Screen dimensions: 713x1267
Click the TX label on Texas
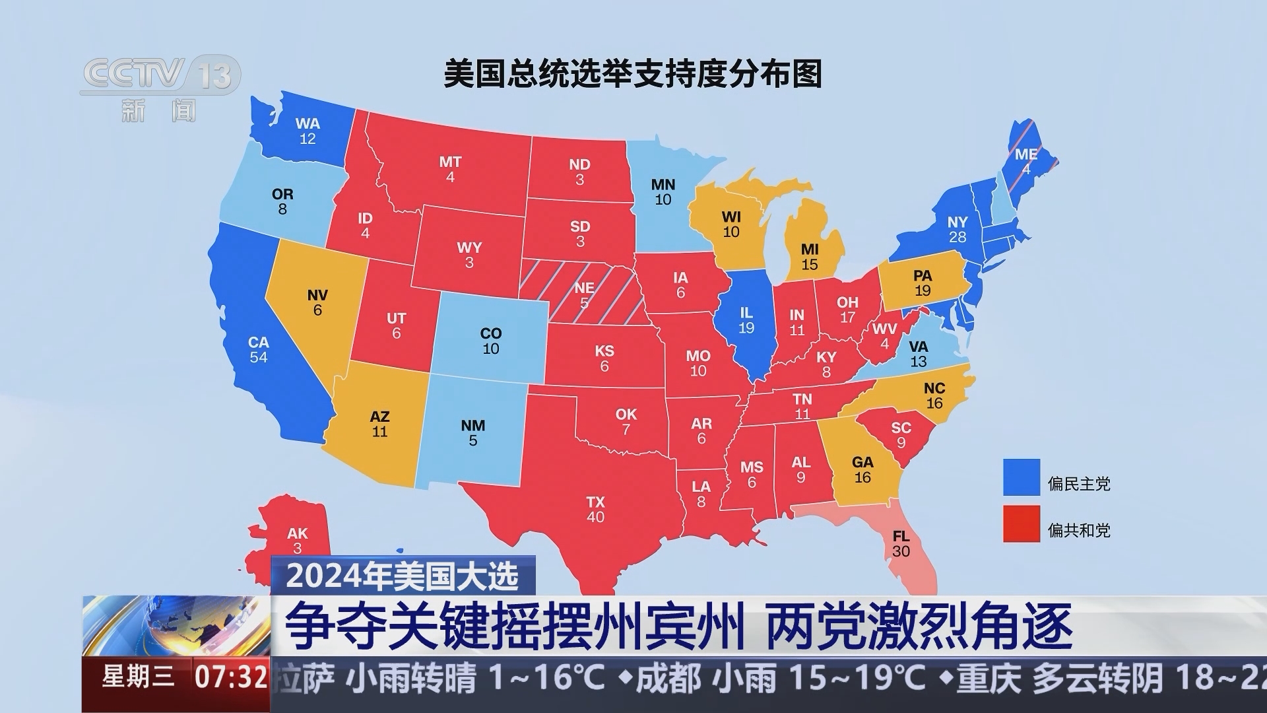tap(595, 502)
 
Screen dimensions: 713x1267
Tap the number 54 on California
tap(258, 358)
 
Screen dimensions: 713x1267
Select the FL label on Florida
tap(901, 536)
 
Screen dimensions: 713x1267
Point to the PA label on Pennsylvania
tap(922, 275)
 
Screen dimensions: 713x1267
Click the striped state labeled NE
tap(583, 294)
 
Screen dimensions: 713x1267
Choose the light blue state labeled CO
tap(490, 341)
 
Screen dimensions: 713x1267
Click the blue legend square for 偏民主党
tap(1022, 477)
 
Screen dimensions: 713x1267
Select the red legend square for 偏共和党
tap(1022, 524)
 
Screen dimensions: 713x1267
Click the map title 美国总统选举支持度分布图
tap(633, 74)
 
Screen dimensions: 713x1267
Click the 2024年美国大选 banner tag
tap(403, 576)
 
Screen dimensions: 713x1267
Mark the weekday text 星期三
tap(139, 676)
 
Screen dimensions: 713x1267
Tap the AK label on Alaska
tap(297, 533)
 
